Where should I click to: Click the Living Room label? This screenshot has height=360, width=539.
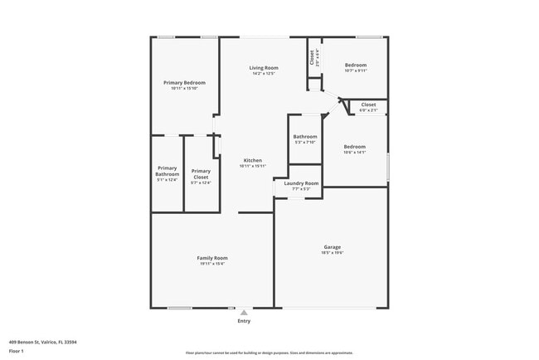click(x=265, y=68)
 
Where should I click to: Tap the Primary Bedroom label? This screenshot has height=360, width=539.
click(x=184, y=82)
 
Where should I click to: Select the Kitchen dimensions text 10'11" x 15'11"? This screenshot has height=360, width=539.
click(x=252, y=166)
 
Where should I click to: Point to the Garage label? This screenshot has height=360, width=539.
click(x=332, y=246)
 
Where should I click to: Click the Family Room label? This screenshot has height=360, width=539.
click(x=212, y=258)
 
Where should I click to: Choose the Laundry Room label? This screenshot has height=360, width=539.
click(x=301, y=183)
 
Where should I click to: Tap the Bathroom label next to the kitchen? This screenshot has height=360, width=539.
click(x=305, y=136)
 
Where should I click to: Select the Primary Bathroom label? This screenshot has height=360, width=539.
click(x=168, y=171)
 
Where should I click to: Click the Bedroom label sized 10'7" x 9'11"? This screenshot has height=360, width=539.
click(x=355, y=65)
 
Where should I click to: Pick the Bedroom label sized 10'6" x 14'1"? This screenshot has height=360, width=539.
click(x=355, y=146)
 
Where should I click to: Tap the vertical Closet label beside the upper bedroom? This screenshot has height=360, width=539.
click(x=313, y=56)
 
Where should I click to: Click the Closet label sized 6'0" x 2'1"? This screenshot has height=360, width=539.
click(x=368, y=105)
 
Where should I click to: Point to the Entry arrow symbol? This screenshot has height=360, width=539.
click(x=244, y=313)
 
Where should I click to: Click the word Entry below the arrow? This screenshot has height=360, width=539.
click(x=244, y=321)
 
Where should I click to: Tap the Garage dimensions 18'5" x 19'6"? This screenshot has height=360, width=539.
click(x=332, y=252)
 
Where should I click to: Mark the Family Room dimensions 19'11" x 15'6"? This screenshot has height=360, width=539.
click(x=212, y=264)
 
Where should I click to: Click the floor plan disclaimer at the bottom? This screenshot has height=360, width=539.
click(x=269, y=352)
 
